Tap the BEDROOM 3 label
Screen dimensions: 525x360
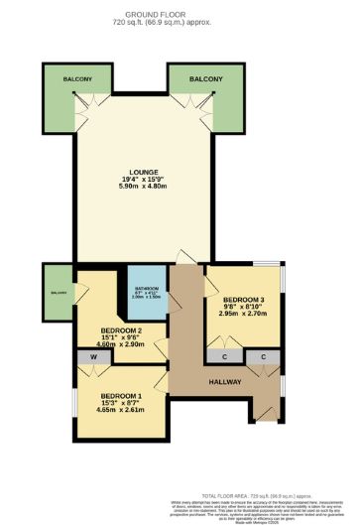click(x=243, y=300)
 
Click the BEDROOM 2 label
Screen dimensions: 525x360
click(x=122, y=329)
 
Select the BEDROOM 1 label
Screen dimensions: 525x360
click(x=122, y=393)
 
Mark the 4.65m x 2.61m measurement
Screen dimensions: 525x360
click(x=122, y=409)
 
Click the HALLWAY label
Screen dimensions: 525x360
click(x=220, y=382)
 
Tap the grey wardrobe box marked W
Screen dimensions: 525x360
click(x=93, y=356)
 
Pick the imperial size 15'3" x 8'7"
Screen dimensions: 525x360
click(x=122, y=401)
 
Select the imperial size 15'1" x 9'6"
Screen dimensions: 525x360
click(x=122, y=337)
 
